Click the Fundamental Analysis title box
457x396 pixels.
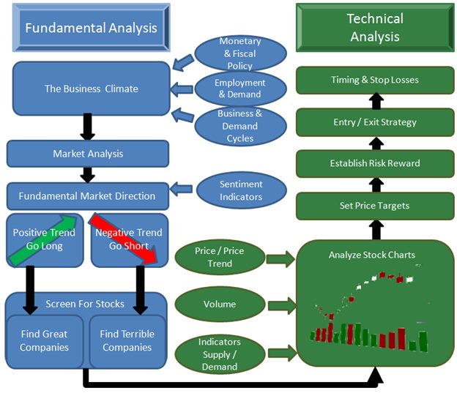91,28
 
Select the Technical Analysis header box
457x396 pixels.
375,28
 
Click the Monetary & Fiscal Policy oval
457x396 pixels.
239,53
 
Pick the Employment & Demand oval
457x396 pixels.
239,89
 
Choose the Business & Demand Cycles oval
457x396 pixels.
239,125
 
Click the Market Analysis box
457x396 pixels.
88,154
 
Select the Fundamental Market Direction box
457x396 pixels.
88,195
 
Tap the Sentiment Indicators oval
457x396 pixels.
241,190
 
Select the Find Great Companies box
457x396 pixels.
44,341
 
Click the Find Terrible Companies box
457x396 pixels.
127,341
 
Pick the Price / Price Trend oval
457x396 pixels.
220,257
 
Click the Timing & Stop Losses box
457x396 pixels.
375,79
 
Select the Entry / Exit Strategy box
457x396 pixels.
375,121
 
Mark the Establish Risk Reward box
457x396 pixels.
375,162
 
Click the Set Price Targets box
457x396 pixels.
375,206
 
